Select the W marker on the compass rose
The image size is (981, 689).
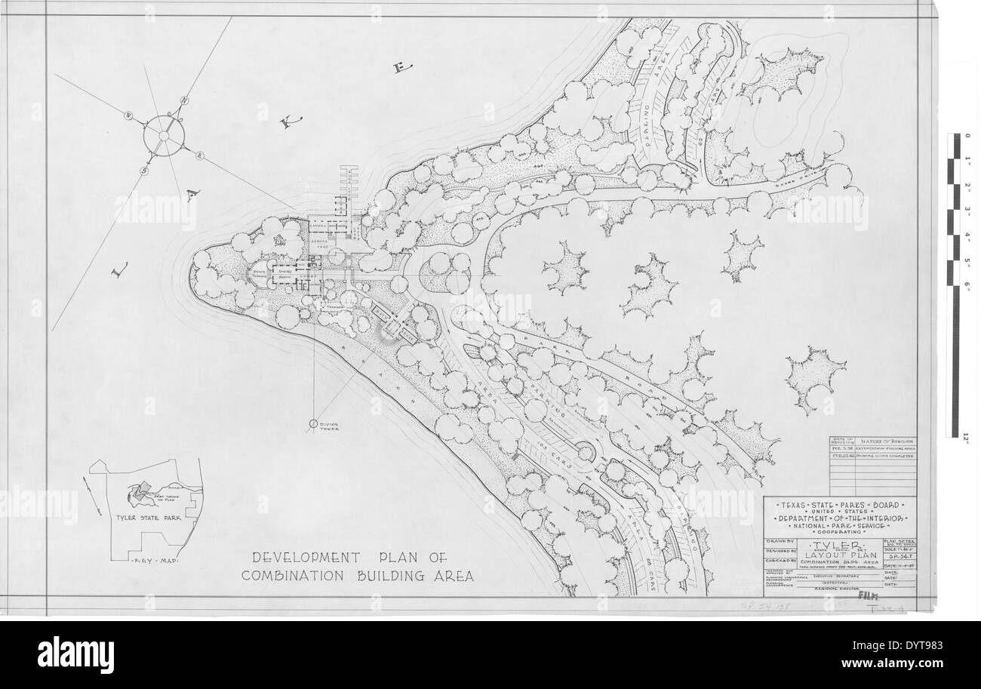(128, 115)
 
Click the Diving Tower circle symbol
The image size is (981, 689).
(312, 425)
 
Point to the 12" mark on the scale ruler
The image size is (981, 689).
(965, 435)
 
